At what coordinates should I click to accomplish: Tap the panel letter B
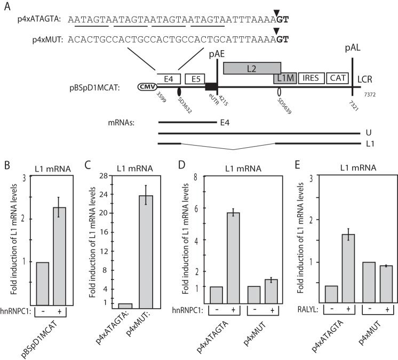click(x=6, y=158)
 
